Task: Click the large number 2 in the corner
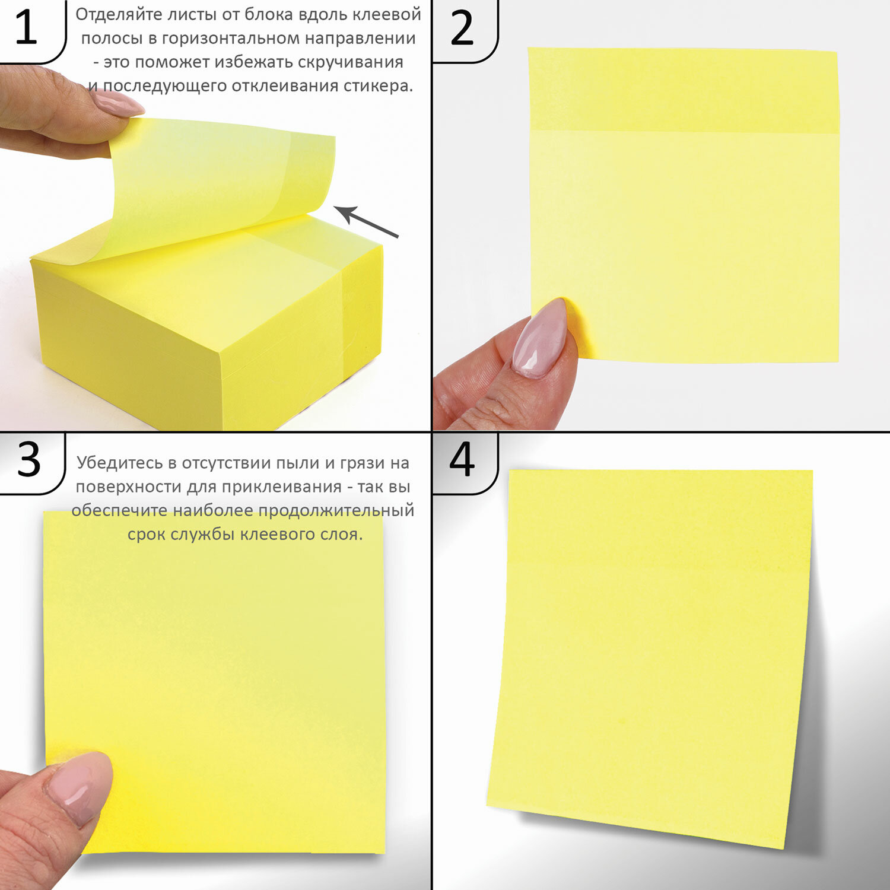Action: point(462,28)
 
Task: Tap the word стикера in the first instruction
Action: point(378,86)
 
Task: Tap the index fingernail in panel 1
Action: point(117,103)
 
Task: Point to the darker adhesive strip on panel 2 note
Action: point(684,90)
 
